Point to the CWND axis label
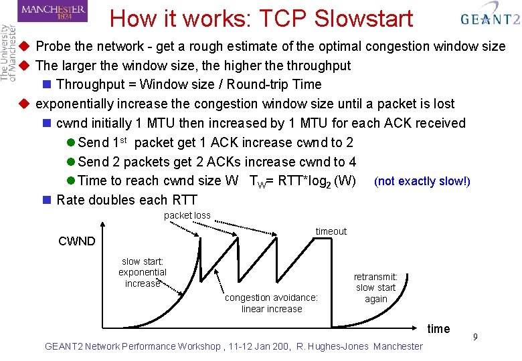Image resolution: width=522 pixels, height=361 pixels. pos(77,241)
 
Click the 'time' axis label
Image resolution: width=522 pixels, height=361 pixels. pos(438,328)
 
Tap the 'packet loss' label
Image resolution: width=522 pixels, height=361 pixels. pos(187,215)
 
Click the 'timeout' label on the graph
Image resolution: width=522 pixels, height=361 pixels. pos(331,231)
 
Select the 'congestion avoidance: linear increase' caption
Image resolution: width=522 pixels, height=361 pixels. pos(271,303)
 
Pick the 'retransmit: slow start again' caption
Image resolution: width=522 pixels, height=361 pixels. pos(375,287)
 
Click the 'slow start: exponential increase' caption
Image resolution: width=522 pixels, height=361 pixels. pos(143,272)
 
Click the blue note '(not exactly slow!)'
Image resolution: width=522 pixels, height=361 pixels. pos(422,181)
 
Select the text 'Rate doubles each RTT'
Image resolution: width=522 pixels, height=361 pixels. pos(127,200)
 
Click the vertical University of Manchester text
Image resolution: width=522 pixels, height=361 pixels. pos(8,53)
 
